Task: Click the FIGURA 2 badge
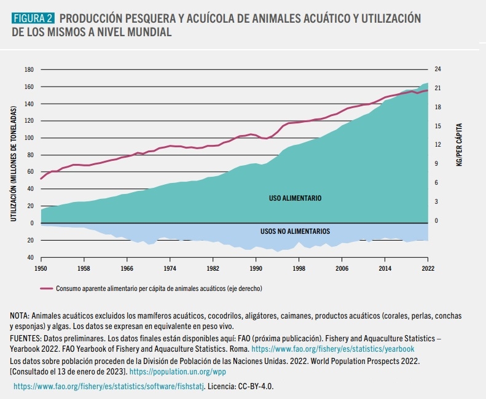click(33, 18)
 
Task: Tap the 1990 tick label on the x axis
click(256, 268)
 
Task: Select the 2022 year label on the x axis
click(428, 268)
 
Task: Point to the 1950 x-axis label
click(41, 268)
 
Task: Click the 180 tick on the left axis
click(29, 70)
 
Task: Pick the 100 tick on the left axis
click(29, 138)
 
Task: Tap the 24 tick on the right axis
click(437, 69)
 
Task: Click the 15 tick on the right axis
click(437, 126)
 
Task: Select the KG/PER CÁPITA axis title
click(459, 145)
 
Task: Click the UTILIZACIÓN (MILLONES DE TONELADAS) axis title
click(14, 164)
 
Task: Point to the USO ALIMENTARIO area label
click(295, 198)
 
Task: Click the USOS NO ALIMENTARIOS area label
click(295, 231)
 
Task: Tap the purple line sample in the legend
click(47, 289)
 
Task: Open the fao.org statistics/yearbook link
click(332, 349)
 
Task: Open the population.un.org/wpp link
click(178, 372)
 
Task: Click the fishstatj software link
click(109, 387)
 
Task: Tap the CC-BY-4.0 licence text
click(256, 387)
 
